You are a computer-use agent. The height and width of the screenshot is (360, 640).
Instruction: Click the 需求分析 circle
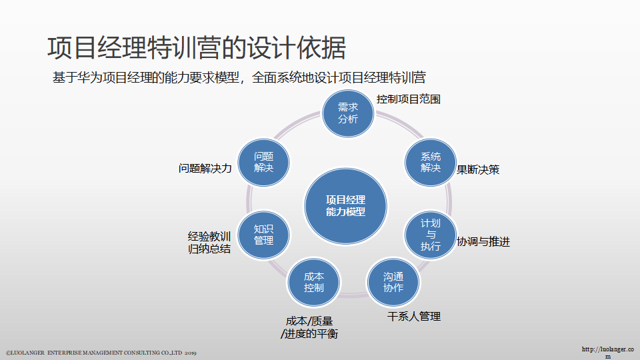pyautogui.click(x=348, y=113)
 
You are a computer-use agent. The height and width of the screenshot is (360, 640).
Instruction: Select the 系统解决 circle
pyautogui.click(x=431, y=162)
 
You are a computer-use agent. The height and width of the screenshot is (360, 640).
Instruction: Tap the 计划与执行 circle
pyautogui.click(x=431, y=234)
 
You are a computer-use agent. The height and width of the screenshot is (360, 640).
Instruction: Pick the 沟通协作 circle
pyautogui.click(x=393, y=282)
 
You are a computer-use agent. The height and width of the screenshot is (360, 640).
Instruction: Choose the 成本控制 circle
pyautogui.click(x=313, y=282)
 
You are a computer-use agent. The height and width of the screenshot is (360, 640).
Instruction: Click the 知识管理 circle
pyautogui.click(x=263, y=234)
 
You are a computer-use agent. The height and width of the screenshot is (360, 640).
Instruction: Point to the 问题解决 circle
pyautogui.click(x=263, y=162)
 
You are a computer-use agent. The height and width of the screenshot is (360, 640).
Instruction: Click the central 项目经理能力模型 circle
pyautogui.click(x=345, y=206)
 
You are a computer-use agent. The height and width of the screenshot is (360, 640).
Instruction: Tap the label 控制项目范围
pyautogui.click(x=408, y=99)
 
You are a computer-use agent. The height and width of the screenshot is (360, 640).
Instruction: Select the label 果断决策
pyautogui.click(x=477, y=169)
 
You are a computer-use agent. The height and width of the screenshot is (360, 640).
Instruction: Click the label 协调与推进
pyautogui.click(x=483, y=242)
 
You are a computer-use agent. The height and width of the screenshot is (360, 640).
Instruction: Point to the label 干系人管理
pyautogui.click(x=414, y=317)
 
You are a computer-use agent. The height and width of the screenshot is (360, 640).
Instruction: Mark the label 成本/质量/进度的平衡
pyautogui.click(x=309, y=327)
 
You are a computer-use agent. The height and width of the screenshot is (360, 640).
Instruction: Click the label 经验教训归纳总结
pyautogui.click(x=209, y=243)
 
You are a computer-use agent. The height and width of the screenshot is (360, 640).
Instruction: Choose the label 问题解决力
pyautogui.click(x=205, y=169)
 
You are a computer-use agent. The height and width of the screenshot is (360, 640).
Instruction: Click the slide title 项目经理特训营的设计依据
pyautogui.click(x=197, y=48)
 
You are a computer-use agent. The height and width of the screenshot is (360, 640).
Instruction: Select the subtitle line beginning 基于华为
pyautogui.click(x=239, y=77)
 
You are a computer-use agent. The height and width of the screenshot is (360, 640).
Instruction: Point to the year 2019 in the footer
pyautogui.click(x=190, y=352)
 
